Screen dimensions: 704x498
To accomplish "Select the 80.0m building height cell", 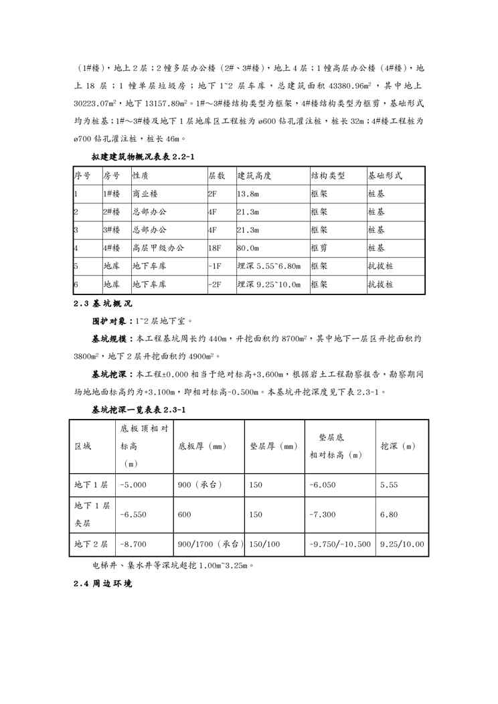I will (248, 248).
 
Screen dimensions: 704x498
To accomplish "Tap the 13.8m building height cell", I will (248, 194).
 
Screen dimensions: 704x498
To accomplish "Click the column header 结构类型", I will (327, 176).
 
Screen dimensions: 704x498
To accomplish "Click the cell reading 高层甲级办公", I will (158, 248).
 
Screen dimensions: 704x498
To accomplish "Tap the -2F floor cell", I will (215, 284).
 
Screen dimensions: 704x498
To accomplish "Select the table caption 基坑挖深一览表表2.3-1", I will (139, 408).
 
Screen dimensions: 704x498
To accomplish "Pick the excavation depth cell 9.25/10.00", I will (402, 544).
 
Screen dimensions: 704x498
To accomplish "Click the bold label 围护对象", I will (112, 321).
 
